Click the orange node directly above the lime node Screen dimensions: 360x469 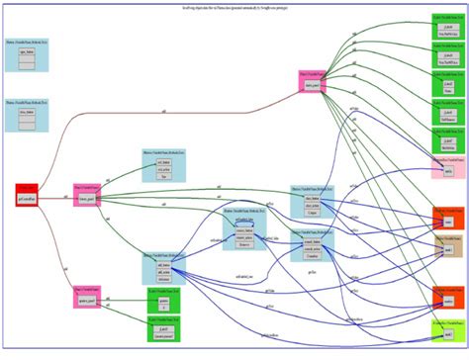click(x=447, y=296)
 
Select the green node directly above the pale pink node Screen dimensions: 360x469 click(x=447, y=139)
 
